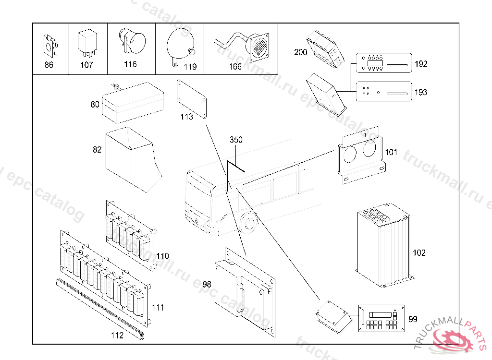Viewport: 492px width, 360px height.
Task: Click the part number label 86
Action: (49, 65)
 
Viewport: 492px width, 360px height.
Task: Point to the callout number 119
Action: (190, 67)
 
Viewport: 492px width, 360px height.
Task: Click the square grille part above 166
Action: (260, 47)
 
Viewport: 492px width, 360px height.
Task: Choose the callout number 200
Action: (301, 53)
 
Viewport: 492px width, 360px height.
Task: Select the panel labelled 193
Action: (383, 92)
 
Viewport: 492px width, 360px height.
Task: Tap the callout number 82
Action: (97, 150)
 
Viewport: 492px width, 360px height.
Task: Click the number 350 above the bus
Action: (236, 140)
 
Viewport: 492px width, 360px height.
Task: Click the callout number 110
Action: (163, 256)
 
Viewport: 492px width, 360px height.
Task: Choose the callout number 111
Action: (158, 308)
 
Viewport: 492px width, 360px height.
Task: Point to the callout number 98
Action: (207, 285)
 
